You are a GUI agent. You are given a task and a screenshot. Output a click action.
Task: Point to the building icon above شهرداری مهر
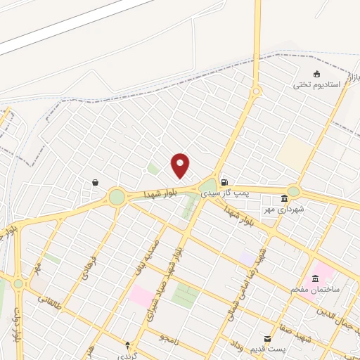pyautogui.click(x=284, y=198)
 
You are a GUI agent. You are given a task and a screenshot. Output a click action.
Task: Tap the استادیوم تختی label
pyautogui.click(x=317, y=84)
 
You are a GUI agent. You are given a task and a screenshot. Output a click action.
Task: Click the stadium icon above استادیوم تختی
pyautogui.click(x=317, y=74)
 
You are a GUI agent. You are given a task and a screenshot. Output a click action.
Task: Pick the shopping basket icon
pyautogui.click(x=95, y=183)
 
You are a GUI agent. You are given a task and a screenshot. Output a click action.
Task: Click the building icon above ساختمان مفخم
pyautogui.click(x=315, y=278)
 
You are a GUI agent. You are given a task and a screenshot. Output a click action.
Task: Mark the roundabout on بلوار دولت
pyautogui.click(x=18, y=283)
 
